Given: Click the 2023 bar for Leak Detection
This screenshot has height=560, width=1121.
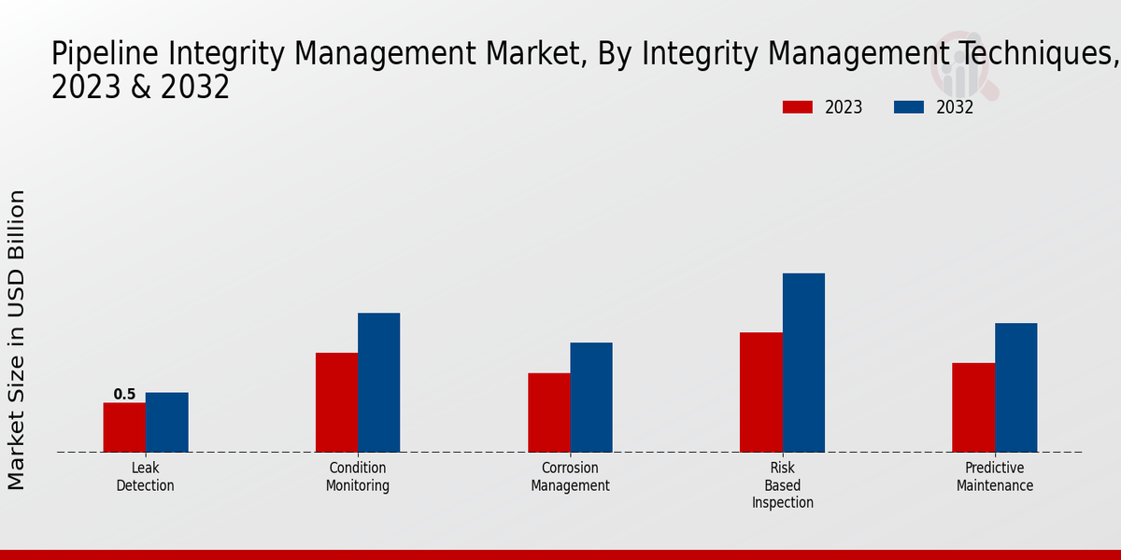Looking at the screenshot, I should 124,427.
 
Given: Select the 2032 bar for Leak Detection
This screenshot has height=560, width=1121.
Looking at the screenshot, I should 166,422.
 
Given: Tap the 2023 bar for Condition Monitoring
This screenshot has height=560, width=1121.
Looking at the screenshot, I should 336,402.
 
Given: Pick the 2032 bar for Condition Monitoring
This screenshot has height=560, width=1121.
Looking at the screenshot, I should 378,383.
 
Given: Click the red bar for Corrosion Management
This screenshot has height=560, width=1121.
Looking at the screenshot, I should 548,413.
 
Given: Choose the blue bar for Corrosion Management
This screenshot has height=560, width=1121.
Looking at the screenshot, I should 591,398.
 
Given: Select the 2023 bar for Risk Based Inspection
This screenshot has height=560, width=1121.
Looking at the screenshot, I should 760,392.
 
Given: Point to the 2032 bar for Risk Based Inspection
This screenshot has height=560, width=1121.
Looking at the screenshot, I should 803,362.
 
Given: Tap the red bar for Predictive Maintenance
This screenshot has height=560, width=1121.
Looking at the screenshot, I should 972,407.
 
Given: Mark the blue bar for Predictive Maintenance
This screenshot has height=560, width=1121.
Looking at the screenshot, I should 1015,387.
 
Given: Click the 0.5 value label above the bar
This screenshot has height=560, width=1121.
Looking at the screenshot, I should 124,395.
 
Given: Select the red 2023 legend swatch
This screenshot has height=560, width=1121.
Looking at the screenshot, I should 797,107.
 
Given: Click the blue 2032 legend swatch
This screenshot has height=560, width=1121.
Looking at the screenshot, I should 908,107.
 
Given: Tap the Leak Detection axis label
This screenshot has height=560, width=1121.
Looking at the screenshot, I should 145,477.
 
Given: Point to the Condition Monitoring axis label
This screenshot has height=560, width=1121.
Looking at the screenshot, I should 358,477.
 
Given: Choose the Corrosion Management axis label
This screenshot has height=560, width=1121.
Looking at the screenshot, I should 570,477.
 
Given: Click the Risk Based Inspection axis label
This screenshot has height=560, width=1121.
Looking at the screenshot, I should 783,485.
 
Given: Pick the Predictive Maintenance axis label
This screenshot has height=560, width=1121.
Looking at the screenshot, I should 995,477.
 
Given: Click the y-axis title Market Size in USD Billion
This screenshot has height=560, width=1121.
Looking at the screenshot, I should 17,340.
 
